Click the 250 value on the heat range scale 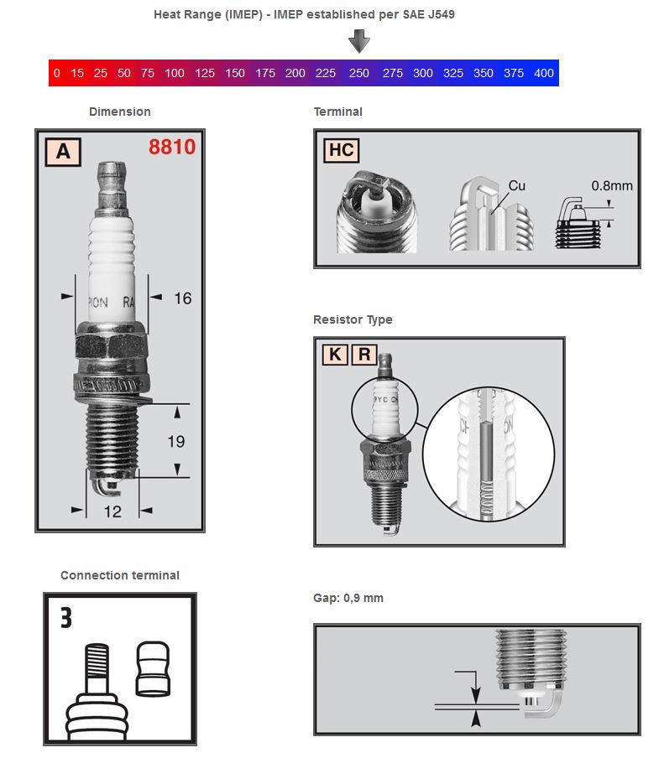(x=358, y=73)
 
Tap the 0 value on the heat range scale (x=56, y=73)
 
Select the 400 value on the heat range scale (x=543, y=73)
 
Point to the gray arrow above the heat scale (x=359, y=40)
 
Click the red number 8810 (x=172, y=148)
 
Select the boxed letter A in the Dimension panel (x=63, y=152)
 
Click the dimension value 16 (x=182, y=298)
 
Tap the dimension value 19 (x=175, y=441)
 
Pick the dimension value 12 (x=112, y=511)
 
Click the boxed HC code (x=341, y=150)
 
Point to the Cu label (x=517, y=185)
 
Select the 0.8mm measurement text (x=611, y=185)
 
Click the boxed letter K (x=334, y=355)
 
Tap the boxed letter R (x=363, y=355)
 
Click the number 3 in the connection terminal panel (x=65, y=618)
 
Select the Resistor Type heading (x=353, y=319)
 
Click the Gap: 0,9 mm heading (x=348, y=598)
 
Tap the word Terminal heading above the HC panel (x=337, y=112)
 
